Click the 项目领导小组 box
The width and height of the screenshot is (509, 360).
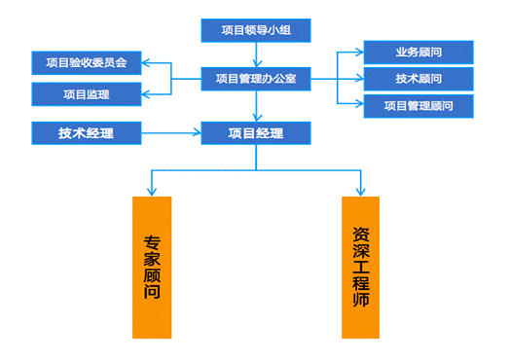click(255, 31)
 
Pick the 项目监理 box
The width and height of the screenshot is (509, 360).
click(86, 94)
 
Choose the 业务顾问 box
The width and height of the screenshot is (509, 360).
click(418, 52)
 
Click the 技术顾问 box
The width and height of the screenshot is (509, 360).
click(418, 78)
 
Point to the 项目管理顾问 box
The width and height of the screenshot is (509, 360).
click(418, 105)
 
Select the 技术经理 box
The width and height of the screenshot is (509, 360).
click(86, 132)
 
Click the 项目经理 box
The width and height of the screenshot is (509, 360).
click(256, 132)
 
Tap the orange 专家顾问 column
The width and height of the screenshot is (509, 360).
click(152, 268)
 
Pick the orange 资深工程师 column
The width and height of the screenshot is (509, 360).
click(361, 268)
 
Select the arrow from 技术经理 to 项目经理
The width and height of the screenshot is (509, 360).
click(170, 132)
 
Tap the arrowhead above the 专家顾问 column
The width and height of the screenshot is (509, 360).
click(152, 189)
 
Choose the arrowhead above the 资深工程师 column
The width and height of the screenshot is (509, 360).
click(361, 189)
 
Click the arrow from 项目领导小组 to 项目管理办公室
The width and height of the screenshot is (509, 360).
click(256, 54)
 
